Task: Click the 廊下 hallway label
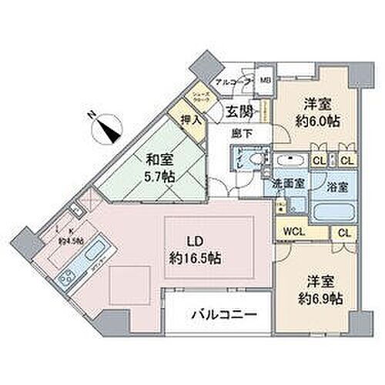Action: coord(242,132)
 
